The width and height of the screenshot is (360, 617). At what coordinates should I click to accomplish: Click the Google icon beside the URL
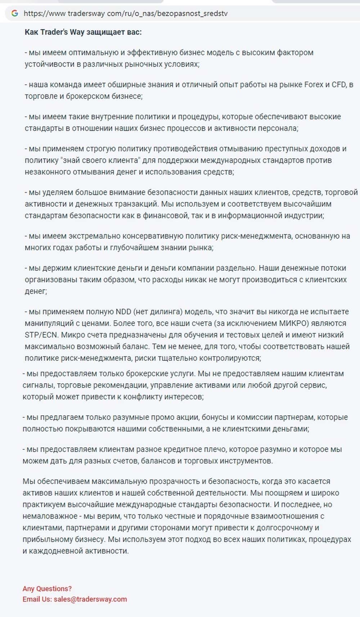[x=15, y=13]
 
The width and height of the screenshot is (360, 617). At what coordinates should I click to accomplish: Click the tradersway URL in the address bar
[x=125, y=14]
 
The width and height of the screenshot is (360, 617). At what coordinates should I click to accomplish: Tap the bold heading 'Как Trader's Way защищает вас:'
[x=83, y=32]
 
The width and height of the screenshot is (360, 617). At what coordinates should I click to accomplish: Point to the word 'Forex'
[x=314, y=85]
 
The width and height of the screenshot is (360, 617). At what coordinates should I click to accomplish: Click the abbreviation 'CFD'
[x=338, y=85]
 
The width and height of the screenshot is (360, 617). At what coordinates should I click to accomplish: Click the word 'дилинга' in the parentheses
[x=168, y=312]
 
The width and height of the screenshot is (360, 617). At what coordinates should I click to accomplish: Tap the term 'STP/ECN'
[x=41, y=335]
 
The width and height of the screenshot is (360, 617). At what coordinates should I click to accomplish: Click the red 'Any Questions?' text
[x=47, y=589]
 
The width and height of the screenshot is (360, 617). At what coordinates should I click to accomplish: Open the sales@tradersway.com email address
[x=90, y=599]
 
